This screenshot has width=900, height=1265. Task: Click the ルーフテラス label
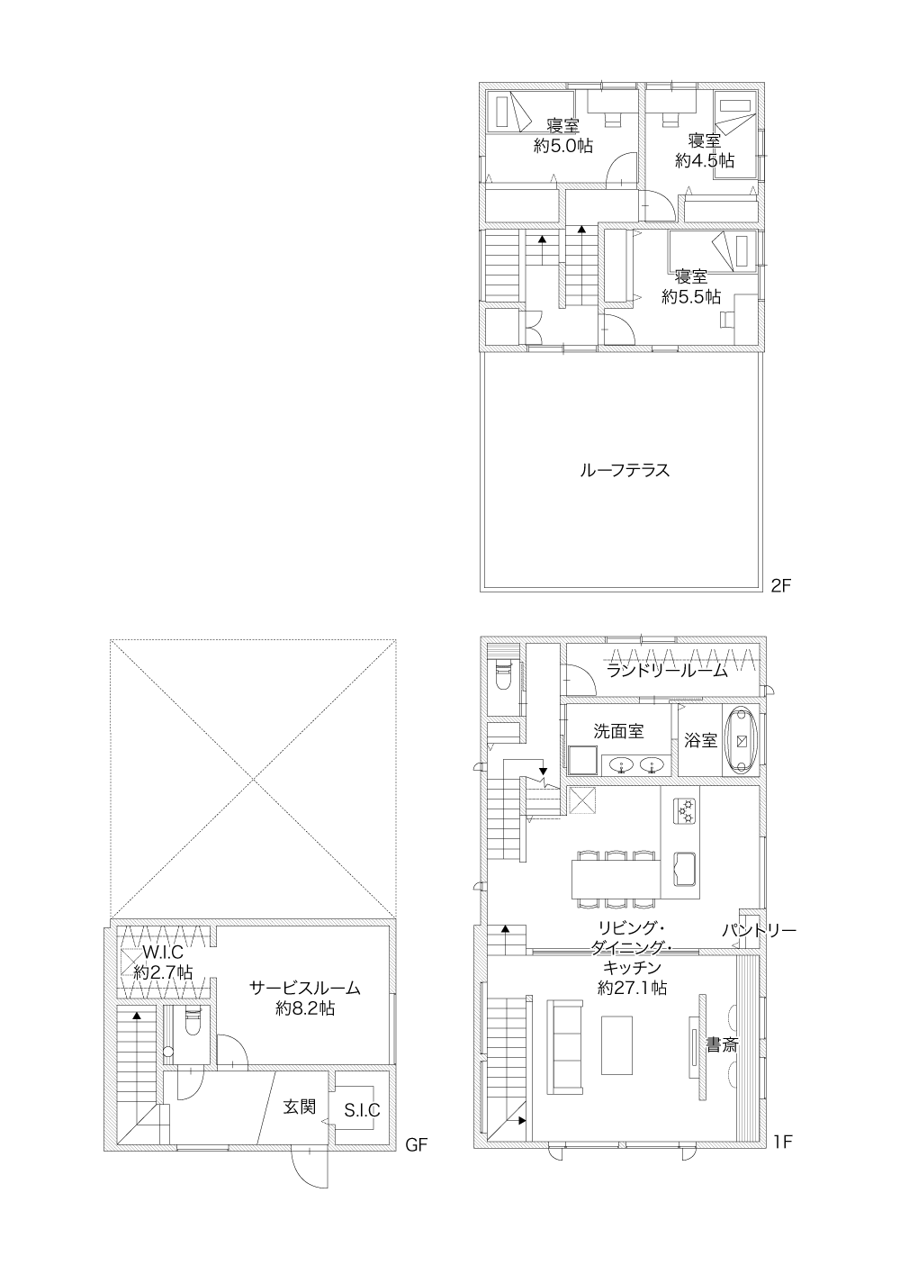point(625,470)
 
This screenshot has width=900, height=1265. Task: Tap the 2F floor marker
point(781,585)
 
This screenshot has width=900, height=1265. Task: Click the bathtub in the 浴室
point(742,740)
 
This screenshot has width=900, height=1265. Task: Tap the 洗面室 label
point(618,731)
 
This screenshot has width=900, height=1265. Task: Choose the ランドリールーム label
point(668,671)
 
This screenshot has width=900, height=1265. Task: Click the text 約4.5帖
point(705,160)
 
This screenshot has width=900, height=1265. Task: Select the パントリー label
point(759,930)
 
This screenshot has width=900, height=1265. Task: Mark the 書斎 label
point(723,1044)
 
